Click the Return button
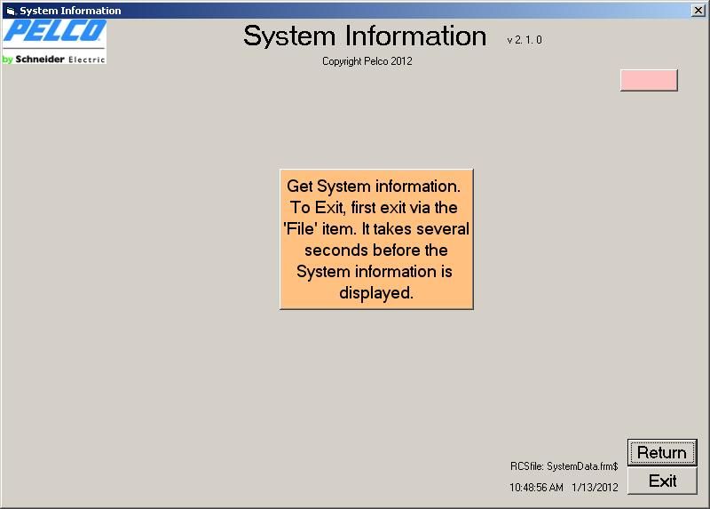(662, 452)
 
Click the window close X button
(698, 10)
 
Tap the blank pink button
(649, 80)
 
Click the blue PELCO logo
(55, 31)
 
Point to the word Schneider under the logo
(40, 59)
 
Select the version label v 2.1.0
(525, 40)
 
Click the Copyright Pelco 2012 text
(367, 61)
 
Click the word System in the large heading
(289, 36)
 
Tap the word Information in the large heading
(415, 36)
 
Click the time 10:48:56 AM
(536, 488)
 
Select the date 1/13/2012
(595, 488)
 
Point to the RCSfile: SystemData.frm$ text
(564, 466)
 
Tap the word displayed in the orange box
(376, 293)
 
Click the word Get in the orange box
(300, 187)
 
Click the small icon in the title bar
(11, 11)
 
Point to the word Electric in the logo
(87, 60)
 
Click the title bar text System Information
(70, 11)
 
